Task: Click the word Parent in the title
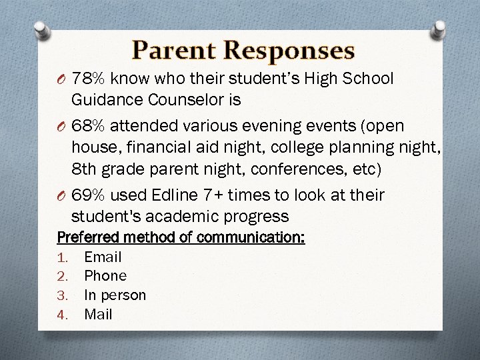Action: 174,50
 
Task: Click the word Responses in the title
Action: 289,50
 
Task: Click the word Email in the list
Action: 103,257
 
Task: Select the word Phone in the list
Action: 105,276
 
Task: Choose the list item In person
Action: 115,295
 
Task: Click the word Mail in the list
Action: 98,314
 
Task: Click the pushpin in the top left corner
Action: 41,30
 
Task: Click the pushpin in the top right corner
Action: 439,28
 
